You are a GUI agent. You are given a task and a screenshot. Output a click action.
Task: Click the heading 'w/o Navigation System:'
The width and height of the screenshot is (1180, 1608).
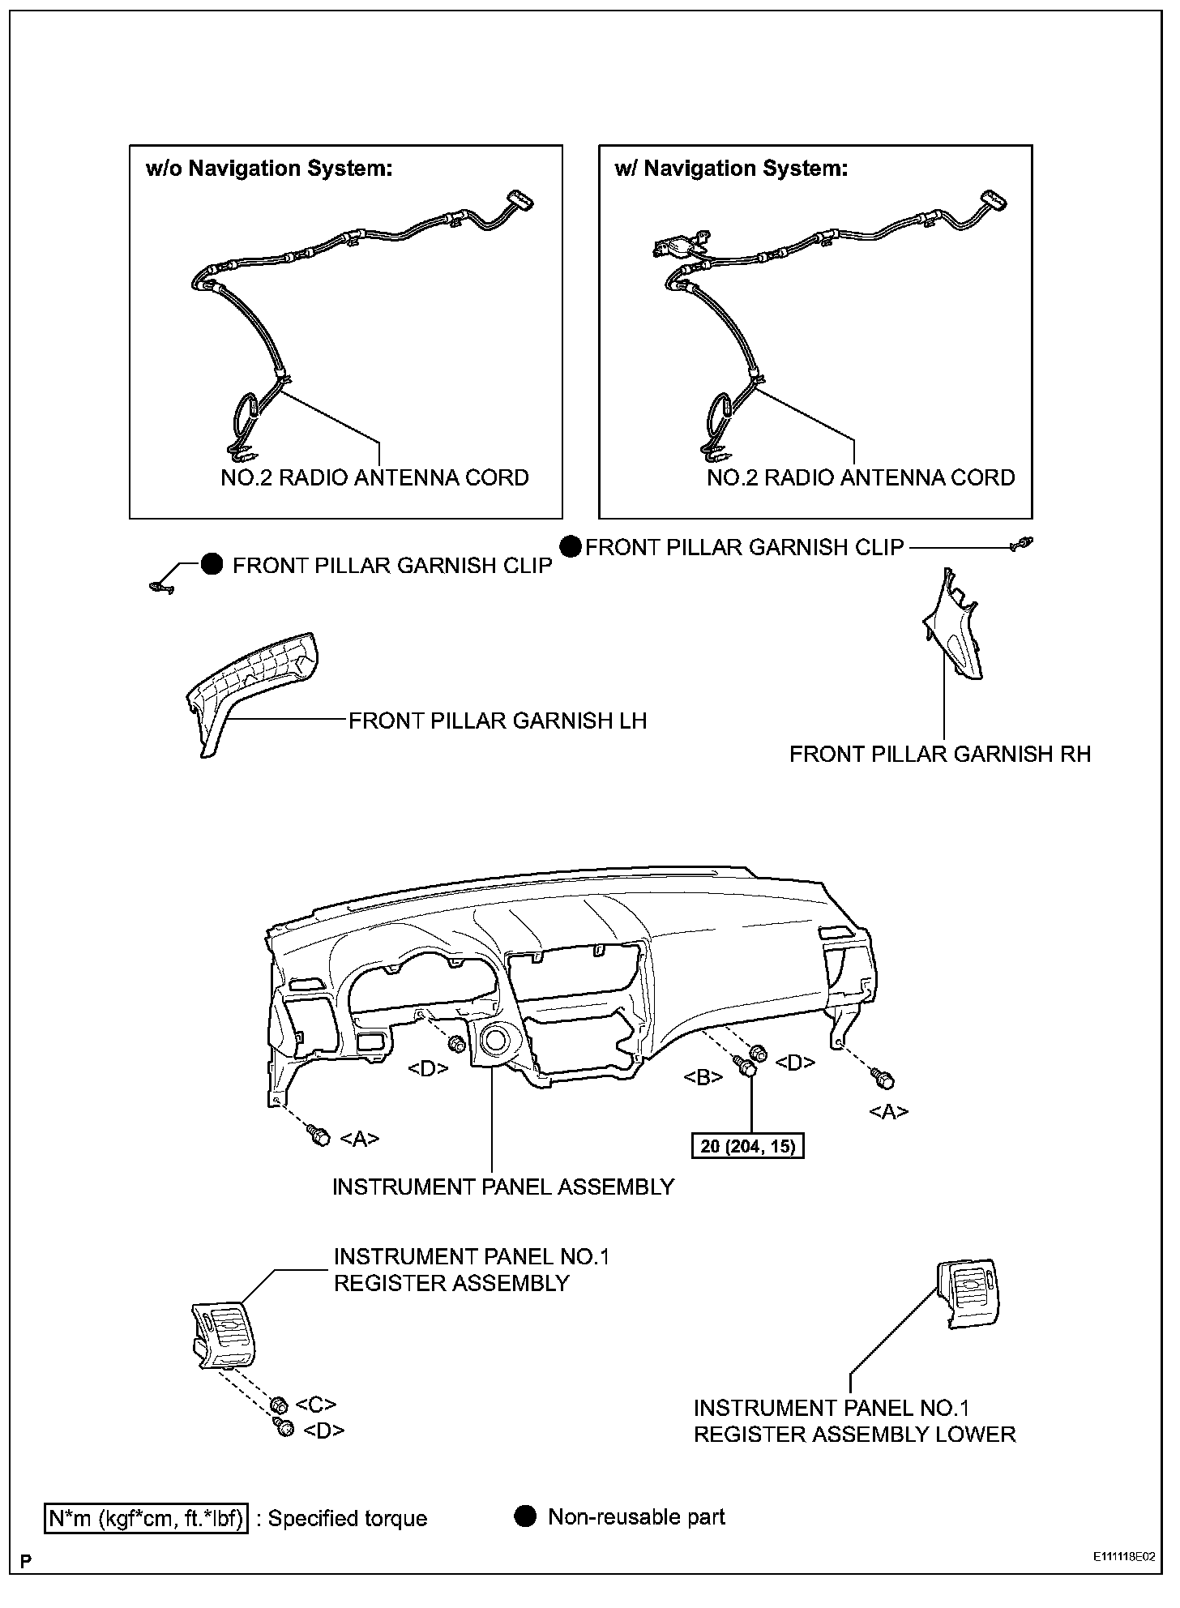(x=269, y=169)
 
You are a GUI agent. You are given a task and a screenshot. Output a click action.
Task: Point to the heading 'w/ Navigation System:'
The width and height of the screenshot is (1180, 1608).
(x=731, y=169)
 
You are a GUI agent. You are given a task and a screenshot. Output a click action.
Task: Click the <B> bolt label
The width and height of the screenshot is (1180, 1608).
(x=703, y=1078)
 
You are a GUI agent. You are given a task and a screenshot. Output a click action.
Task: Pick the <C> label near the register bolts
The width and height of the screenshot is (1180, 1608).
(x=316, y=1405)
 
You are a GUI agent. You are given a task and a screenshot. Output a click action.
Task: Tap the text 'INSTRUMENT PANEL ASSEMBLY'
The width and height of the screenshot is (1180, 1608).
(x=503, y=1187)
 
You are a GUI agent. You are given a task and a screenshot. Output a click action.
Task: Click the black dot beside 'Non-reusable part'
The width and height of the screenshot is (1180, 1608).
(x=526, y=1516)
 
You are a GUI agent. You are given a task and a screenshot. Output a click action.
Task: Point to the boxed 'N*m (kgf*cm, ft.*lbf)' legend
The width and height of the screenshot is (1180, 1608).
(x=146, y=1518)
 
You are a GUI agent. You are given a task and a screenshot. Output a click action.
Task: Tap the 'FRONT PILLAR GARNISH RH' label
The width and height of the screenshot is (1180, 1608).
(x=940, y=754)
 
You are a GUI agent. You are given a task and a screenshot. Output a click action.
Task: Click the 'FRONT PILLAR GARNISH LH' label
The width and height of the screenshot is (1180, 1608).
(x=498, y=721)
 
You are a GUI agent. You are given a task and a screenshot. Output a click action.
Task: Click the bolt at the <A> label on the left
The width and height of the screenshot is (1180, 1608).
(x=320, y=1137)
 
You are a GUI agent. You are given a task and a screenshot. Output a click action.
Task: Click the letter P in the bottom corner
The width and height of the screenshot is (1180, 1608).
(x=26, y=1561)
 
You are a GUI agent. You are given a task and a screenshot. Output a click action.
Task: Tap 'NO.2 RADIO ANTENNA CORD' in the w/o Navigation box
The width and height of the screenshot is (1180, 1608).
(x=374, y=477)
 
